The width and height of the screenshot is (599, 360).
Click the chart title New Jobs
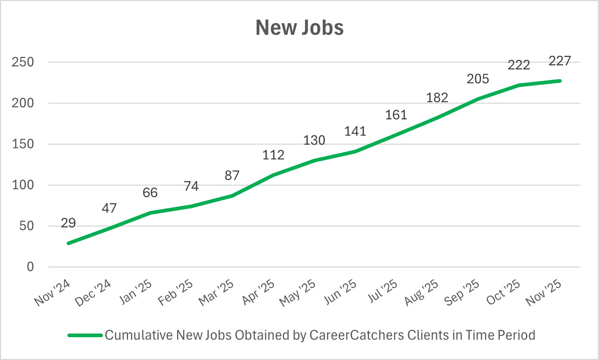click(x=299, y=28)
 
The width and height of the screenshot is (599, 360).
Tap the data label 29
click(x=68, y=223)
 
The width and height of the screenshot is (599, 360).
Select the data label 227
click(x=560, y=61)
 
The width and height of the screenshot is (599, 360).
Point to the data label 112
click(x=273, y=155)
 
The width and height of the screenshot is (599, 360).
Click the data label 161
click(x=396, y=115)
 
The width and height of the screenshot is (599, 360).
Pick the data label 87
click(x=232, y=175)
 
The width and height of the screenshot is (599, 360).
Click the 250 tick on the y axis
click(x=22, y=62)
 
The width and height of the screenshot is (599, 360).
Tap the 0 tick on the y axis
click(x=30, y=267)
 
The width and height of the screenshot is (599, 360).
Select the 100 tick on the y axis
click(x=22, y=185)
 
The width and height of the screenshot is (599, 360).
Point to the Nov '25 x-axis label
click(x=544, y=293)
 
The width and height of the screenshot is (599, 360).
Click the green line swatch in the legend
click(x=85, y=335)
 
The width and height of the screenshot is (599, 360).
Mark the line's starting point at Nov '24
click(x=68, y=243)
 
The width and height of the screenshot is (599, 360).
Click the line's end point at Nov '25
click(x=560, y=81)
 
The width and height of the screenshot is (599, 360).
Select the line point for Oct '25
click(x=519, y=85)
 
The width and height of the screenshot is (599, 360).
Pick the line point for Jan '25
click(x=150, y=213)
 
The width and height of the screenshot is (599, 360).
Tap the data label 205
click(x=478, y=79)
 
